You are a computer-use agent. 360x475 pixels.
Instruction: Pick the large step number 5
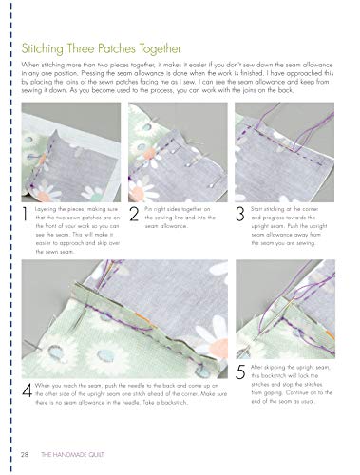click(241, 370)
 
